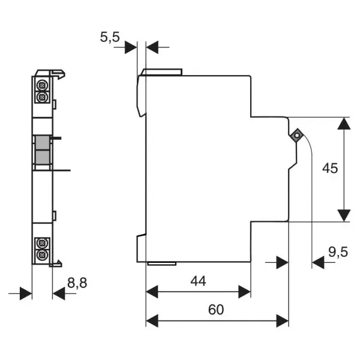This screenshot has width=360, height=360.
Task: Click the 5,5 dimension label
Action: [110, 37]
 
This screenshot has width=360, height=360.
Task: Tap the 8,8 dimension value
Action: [77, 283]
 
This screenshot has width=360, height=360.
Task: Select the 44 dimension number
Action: [198, 281]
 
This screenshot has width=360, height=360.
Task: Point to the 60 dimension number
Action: [216, 310]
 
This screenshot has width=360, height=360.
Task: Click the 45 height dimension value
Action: [330, 168]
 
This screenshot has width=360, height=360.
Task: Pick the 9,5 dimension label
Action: [338, 252]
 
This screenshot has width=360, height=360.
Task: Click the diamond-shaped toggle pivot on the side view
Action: [296, 136]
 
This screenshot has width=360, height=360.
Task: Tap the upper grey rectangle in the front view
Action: [43, 143]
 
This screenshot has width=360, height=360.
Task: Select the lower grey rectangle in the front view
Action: [43, 157]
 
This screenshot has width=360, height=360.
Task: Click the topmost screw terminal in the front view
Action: [42, 85]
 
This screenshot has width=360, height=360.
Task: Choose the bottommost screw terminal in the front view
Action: [42, 254]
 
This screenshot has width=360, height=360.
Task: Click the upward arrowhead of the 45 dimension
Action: [344, 124]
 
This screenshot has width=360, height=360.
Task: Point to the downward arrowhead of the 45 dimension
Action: [344, 215]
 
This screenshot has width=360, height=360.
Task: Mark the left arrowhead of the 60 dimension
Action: [152, 321]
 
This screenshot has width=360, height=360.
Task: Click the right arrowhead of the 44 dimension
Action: [245, 292]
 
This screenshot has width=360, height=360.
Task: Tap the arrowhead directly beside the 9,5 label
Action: [318, 262]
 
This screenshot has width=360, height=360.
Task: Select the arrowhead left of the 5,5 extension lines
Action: [131, 47]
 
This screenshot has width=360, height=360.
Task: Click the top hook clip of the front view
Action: [58, 74]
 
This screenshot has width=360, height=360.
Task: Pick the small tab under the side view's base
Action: [162, 263]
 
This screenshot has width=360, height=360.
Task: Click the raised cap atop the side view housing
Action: [162, 72]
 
